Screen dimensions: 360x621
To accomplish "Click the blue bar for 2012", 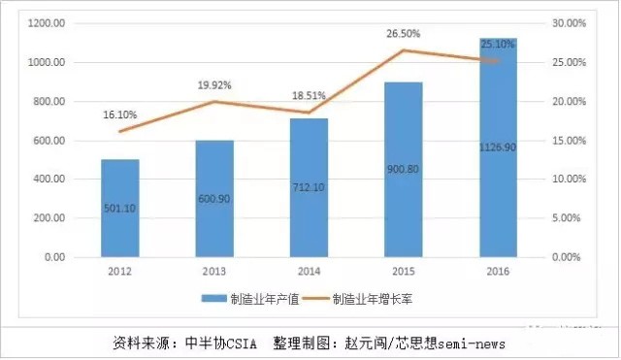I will click(120, 209).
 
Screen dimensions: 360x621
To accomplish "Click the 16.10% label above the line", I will click(120, 115).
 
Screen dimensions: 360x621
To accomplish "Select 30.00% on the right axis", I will click(568, 23).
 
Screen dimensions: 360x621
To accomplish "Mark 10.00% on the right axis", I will click(568, 180).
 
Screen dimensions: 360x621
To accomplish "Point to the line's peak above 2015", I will click(405, 50).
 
